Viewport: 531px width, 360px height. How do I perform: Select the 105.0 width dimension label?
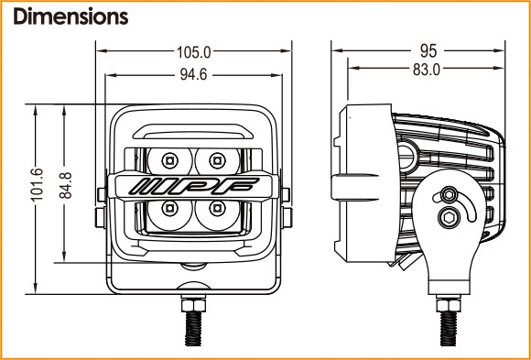pyautogui.click(x=193, y=52)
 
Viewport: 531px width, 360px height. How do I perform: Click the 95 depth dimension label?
pyautogui.click(x=427, y=51)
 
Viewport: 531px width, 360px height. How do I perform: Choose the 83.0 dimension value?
pyautogui.click(x=427, y=69)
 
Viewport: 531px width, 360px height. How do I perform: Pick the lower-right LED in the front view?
pyautogui.click(x=217, y=209)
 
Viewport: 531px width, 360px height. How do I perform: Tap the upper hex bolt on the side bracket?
pyautogui.click(x=448, y=194)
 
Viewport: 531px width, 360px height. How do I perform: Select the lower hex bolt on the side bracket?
pyautogui.click(x=448, y=217)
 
